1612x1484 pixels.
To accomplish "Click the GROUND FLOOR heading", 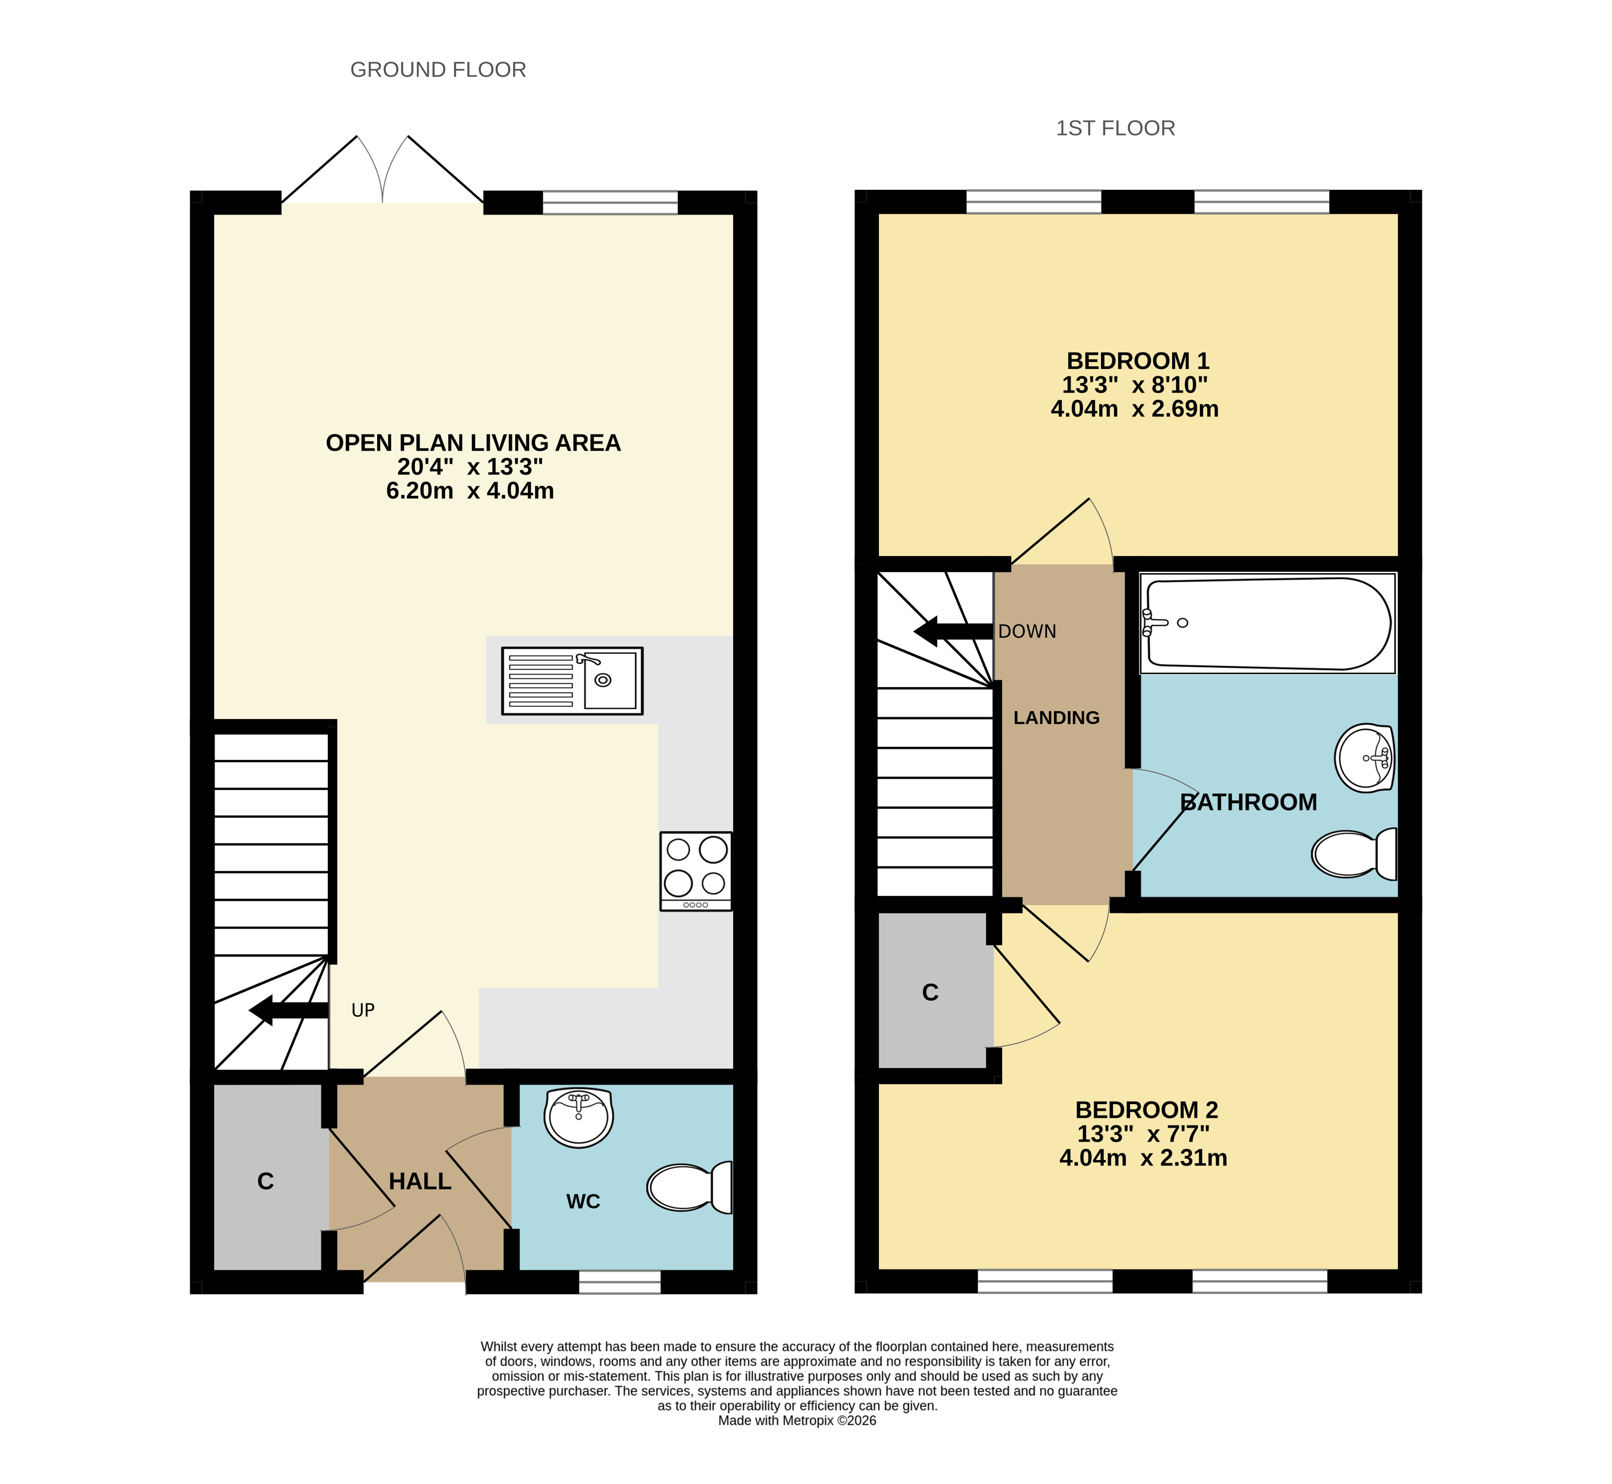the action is (438, 70).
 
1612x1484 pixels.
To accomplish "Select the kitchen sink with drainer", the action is (572, 681).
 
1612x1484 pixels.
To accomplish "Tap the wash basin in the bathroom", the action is (1365, 758).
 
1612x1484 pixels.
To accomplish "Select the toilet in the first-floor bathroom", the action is (1354, 854).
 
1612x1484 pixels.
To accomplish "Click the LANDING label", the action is (1056, 718).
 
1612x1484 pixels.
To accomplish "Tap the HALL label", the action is (420, 1181).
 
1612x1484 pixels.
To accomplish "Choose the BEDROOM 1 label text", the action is (1137, 361).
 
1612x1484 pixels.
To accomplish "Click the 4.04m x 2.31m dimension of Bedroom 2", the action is (1143, 1158).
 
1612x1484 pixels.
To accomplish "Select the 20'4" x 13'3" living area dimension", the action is (470, 466).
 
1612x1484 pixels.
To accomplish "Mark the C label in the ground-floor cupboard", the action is (266, 1181).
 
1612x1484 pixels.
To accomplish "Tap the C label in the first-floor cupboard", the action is (930, 992).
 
